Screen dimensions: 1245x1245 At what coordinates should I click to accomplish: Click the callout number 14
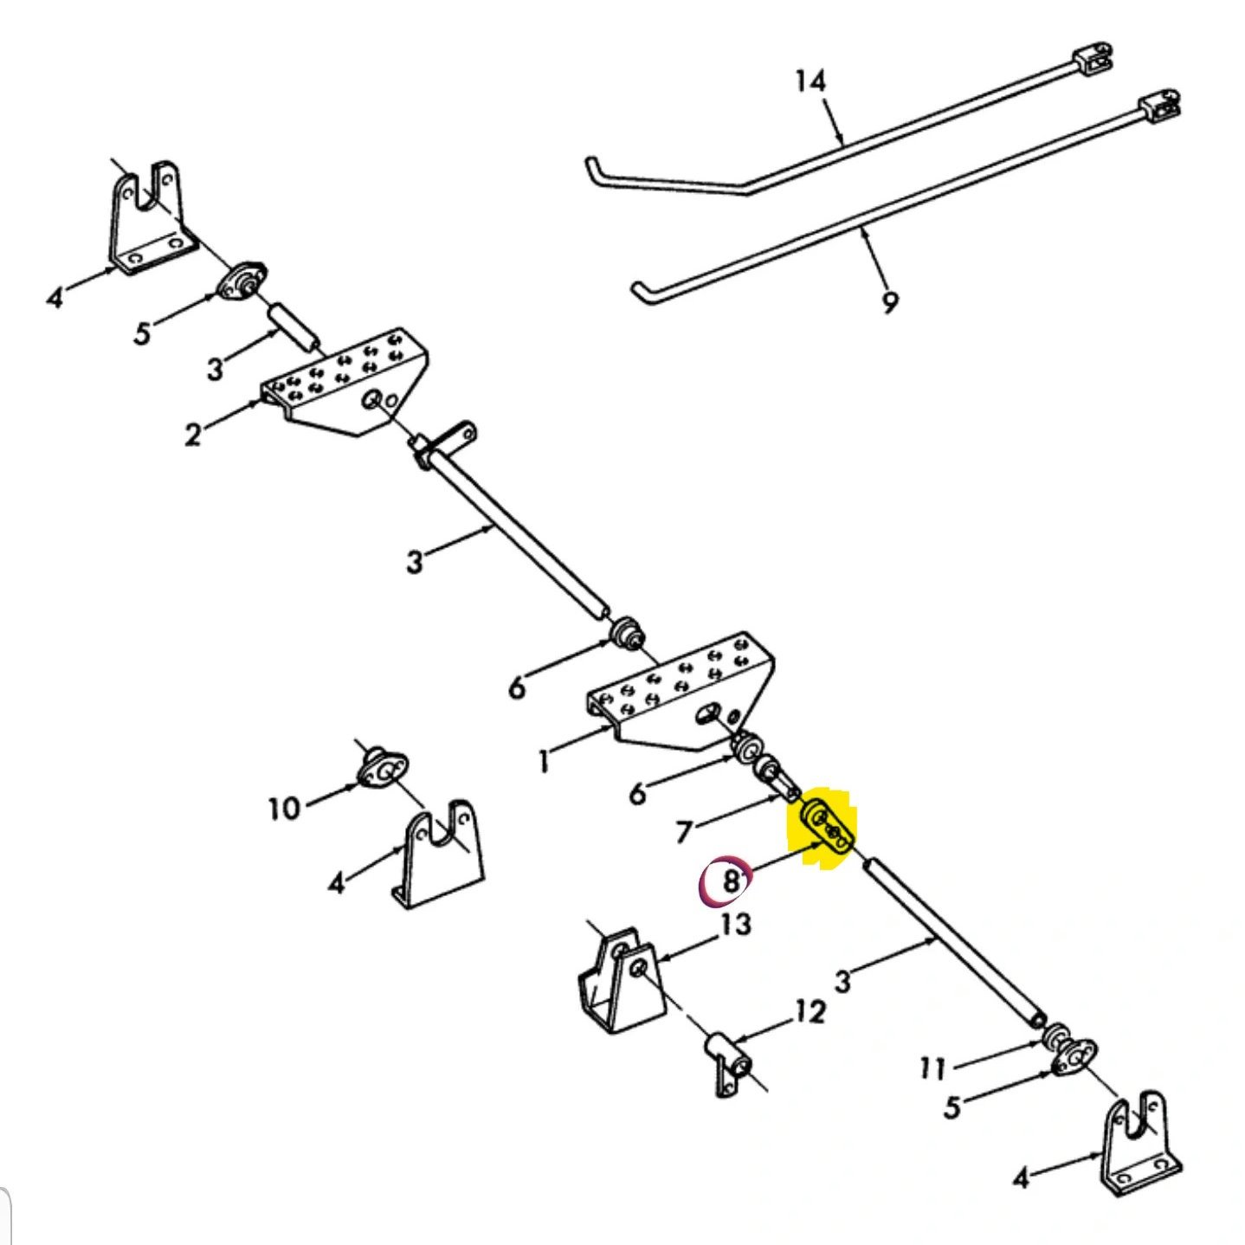pos(810,81)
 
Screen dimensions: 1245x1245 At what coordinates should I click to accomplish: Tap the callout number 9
pos(889,302)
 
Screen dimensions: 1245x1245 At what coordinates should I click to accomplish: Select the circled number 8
pos(729,881)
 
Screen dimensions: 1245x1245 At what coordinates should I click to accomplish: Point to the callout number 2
pos(192,433)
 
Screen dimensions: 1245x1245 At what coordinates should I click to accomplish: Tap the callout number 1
pos(543,761)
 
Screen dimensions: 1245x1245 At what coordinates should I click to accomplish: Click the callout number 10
pos(283,809)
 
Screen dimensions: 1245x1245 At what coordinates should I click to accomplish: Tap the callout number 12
pos(810,1011)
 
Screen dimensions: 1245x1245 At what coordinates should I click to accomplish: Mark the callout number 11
pos(932,1069)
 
